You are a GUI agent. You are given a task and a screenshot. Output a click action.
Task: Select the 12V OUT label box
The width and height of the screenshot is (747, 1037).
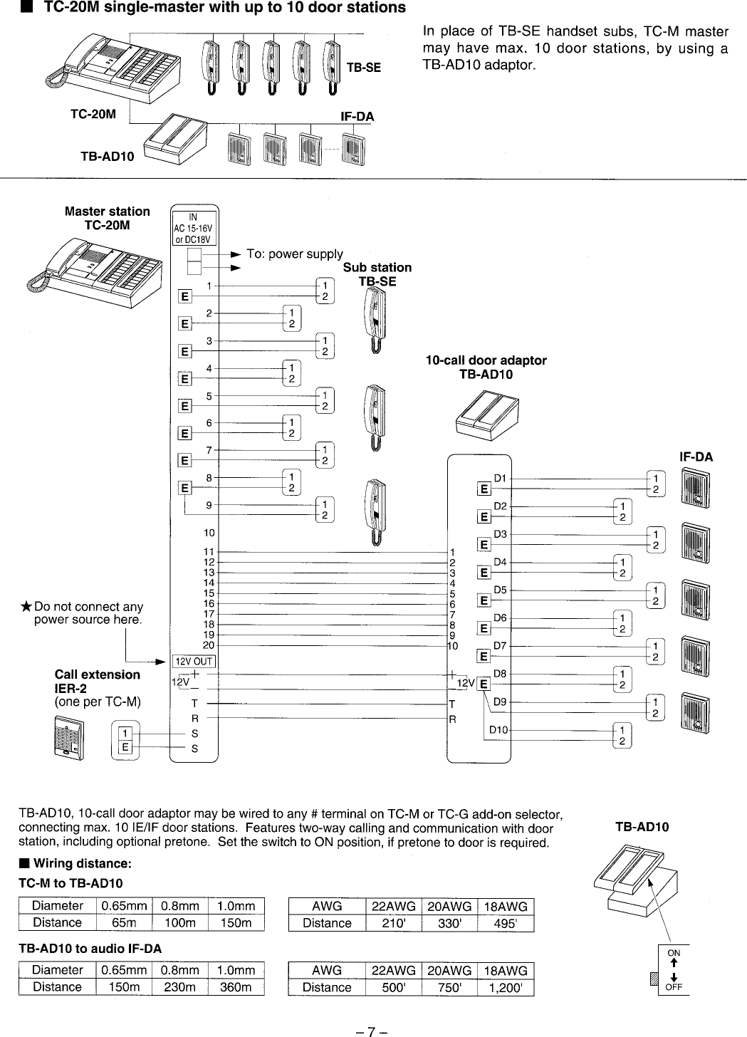coord(194,660)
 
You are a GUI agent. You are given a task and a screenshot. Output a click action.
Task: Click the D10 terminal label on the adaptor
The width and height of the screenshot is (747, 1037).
coord(498,729)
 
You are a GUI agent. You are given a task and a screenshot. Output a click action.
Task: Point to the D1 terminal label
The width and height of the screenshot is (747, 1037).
coord(500,478)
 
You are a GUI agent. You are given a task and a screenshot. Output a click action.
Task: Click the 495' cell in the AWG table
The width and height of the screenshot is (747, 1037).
coord(505,924)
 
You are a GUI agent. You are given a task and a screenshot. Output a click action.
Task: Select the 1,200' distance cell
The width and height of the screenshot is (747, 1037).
coord(505,988)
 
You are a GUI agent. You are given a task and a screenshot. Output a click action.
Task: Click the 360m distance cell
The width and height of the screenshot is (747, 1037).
coord(236,987)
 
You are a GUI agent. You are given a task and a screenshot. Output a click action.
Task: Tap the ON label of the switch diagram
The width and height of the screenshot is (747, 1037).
coord(673,952)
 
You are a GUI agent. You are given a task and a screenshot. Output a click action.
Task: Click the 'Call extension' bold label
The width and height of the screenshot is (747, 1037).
coord(98,674)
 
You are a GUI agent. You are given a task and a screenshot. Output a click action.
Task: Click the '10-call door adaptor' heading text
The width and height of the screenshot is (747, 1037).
coord(486,360)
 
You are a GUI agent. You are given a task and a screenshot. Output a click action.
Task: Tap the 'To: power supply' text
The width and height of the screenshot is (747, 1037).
coord(294,254)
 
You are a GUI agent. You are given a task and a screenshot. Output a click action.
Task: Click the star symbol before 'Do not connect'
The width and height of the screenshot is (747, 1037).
coord(26,607)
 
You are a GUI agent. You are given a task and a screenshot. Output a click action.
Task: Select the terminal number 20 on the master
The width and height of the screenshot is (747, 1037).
coord(209,645)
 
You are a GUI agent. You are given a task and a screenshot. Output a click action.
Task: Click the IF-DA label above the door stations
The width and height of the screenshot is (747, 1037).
coord(696,457)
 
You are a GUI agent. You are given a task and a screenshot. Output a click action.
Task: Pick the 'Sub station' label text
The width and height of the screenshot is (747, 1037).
coord(377,268)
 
